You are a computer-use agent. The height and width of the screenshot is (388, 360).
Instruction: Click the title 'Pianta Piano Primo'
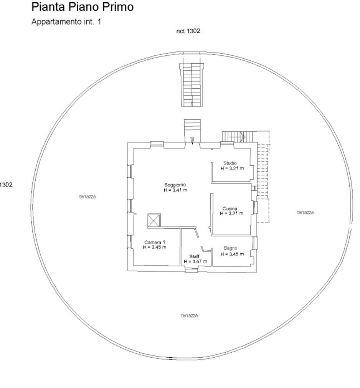pyautogui.click(x=83, y=7)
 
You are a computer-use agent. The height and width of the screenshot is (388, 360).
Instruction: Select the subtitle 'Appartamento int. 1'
pyautogui.click(x=66, y=22)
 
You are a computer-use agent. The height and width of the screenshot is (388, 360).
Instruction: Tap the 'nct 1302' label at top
pyautogui.click(x=188, y=31)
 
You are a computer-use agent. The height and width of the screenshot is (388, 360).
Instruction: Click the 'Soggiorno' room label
pyautogui.click(x=175, y=185)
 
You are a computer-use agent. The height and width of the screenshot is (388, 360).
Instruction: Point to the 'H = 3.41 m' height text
pyautogui.click(x=175, y=190)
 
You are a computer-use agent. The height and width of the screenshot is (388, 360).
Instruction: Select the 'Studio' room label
pyautogui.click(x=230, y=163)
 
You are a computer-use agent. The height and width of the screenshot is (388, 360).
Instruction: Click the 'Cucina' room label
pyautogui.click(x=232, y=209)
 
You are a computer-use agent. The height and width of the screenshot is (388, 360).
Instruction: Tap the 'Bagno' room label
pyautogui.click(x=230, y=248)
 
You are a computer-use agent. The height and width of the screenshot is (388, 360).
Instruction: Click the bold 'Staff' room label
pyautogui.click(x=195, y=256)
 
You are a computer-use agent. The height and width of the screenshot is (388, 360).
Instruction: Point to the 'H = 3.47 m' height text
pyautogui.click(x=195, y=261)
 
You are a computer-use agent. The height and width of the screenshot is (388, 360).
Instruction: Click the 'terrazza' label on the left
pyautogui.click(x=88, y=196)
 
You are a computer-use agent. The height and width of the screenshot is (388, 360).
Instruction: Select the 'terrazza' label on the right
pyautogui.click(x=305, y=212)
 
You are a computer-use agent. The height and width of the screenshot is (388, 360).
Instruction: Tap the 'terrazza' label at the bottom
pyautogui.click(x=189, y=315)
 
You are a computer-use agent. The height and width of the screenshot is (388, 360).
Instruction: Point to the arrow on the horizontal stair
pyautogui.click(x=242, y=136)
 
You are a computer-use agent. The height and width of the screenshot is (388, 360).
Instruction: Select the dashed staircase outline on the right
pyautogui.click(x=263, y=177)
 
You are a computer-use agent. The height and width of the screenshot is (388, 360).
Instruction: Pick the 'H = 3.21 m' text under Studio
pyautogui.click(x=232, y=168)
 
